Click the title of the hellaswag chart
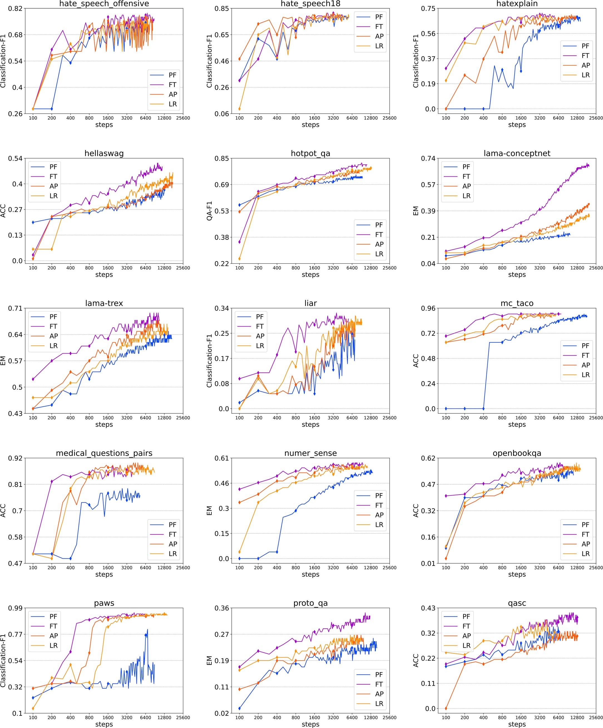tap(104, 154)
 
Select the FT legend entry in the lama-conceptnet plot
tap(466, 176)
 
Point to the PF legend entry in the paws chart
tap(53, 616)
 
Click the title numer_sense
tap(310, 453)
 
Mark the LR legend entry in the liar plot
tap(260, 346)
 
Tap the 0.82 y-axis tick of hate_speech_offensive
tap(16, 8)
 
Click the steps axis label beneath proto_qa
tap(310, 724)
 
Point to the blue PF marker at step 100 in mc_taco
tap(446, 409)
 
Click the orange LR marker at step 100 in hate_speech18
tap(239, 109)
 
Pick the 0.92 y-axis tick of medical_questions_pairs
tap(16, 458)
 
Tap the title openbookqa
tap(517, 453)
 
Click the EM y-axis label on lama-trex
tap(3, 361)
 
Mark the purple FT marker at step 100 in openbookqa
tap(446, 496)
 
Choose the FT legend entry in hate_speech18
tap(379, 26)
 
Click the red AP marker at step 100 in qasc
tap(446, 709)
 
